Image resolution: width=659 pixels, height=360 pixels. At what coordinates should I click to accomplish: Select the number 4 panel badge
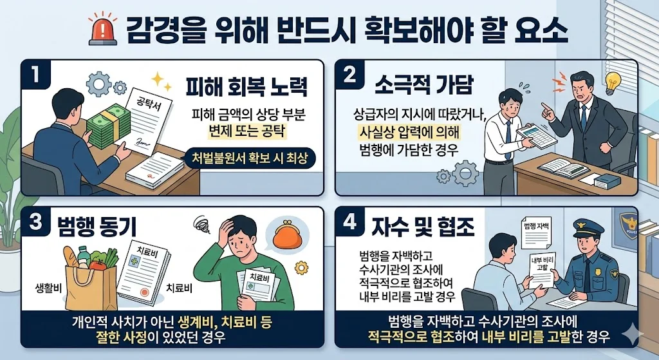point(349,222)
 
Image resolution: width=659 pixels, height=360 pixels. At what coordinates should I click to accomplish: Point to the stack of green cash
point(108,126)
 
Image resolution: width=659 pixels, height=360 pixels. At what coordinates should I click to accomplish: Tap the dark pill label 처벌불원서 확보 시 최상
point(250,158)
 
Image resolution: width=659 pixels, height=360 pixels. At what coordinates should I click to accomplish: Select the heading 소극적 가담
point(424,84)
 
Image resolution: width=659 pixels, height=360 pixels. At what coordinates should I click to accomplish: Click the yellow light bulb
point(613,82)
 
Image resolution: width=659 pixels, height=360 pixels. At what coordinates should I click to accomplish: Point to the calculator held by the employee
point(536,137)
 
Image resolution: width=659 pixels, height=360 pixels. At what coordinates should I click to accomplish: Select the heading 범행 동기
point(97,227)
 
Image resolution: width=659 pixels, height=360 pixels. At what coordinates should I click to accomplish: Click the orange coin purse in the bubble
point(288,236)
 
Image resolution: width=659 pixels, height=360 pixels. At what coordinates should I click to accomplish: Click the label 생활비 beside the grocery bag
point(48,289)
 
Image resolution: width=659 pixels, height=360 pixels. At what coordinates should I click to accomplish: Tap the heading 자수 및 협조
point(423,227)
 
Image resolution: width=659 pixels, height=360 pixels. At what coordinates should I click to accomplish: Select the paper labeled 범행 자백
point(537,232)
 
